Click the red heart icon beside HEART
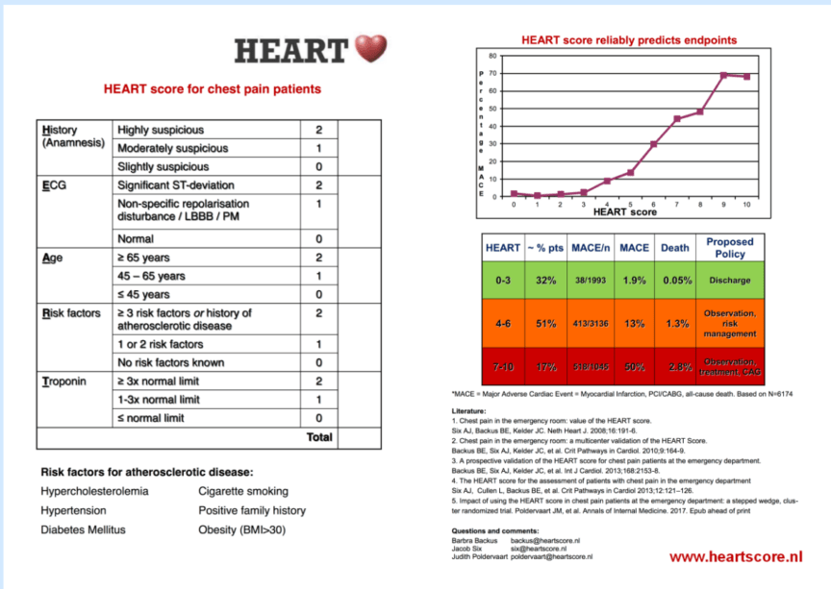pos(370,50)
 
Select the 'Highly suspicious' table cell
pos(161,130)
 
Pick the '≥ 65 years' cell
pos(145,258)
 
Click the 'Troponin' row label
pos(64,381)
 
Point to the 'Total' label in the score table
pos(319,437)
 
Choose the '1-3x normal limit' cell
pos(159,400)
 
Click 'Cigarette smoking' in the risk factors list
pos(241,492)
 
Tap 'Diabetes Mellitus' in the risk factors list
pos(83,529)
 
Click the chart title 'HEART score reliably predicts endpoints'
pos(629,40)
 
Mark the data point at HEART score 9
pos(723,75)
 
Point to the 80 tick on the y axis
pos(491,56)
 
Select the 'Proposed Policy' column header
pos(729,248)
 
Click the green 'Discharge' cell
pos(729,281)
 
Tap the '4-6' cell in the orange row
pos(502,324)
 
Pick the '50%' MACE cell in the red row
pos(634,367)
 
